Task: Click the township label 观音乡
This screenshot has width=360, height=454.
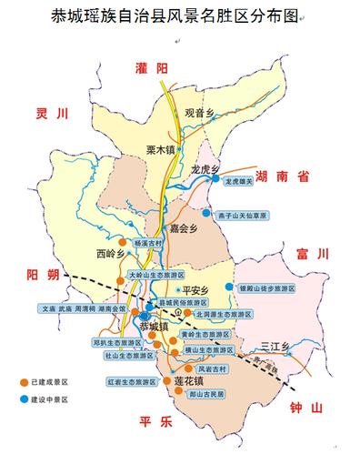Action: pyautogui.click(x=197, y=113)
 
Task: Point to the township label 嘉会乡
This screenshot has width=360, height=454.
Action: pyautogui.click(x=184, y=228)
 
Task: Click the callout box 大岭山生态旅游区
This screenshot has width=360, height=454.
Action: pyautogui.click(x=155, y=274)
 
